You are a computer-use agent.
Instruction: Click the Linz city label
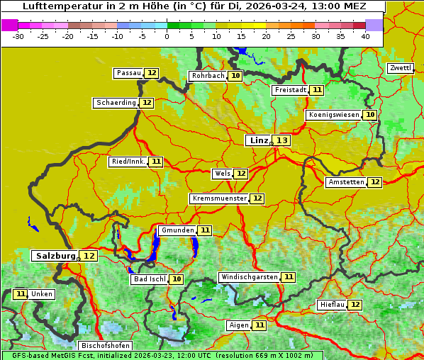click(x=258, y=140)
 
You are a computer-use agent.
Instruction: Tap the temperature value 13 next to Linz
click(x=282, y=140)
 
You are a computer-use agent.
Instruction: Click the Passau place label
click(x=128, y=73)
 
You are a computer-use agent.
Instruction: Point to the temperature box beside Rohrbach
click(x=235, y=76)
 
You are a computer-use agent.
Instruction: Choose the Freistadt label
click(x=290, y=90)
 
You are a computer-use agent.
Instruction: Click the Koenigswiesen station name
click(x=333, y=115)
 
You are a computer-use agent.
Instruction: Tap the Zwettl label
click(x=400, y=68)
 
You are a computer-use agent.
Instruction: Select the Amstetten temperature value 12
click(x=374, y=182)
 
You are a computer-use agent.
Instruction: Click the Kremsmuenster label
click(x=219, y=198)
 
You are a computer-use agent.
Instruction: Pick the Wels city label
click(x=222, y=174)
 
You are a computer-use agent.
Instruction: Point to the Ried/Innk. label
click(x=128, y=162)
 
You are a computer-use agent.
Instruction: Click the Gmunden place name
click(x=177, y=230)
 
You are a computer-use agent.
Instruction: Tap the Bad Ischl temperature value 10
click(x=176, y=279)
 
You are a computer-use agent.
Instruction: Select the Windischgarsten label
click(x=248, y=277)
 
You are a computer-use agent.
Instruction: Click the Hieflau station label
click(x=332, y=305)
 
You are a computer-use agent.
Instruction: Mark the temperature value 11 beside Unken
click(x=21, y=294)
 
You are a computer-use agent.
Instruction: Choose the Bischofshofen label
click(x=105, y=346)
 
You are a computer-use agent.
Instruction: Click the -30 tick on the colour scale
click(x=18, y=35)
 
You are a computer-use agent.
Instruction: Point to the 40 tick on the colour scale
click(x=364, y=35)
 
